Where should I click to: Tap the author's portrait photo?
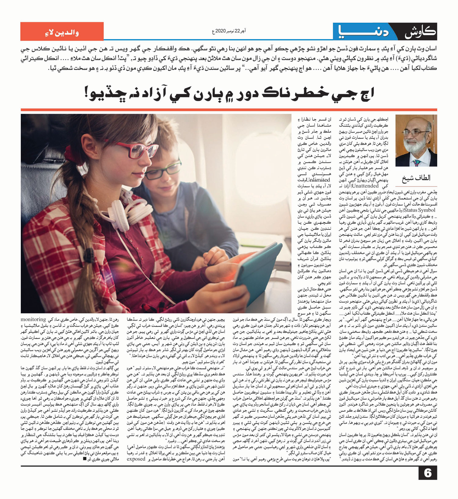tap(416, 141)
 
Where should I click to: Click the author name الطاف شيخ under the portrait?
tap(416, 178)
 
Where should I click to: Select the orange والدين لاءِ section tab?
tap(62, 31)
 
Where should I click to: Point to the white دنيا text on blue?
tap(363, 32)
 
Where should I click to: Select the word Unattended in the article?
tap(365, 186)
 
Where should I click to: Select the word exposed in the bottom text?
tap(136, 459)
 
